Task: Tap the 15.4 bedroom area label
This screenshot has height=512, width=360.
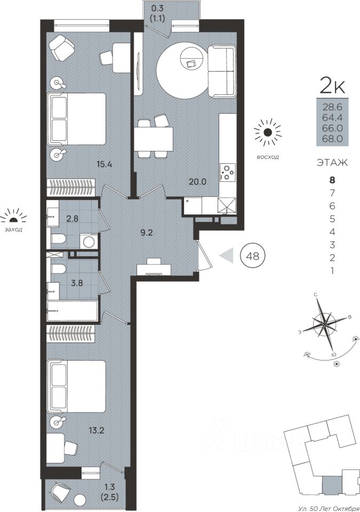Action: point(104,165)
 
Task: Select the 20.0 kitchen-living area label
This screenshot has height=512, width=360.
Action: point(197,182)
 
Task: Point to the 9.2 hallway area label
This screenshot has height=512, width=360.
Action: point(147,233)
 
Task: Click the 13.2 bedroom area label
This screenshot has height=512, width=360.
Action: point(96,431)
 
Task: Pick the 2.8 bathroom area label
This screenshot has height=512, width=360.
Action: point(72,219)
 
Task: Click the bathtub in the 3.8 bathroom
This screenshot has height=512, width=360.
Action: point(72,311)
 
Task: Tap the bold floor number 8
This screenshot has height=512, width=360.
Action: point(333,180)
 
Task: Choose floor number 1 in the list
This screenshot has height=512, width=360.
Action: point(333,271)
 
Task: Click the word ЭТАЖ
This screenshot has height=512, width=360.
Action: point(333,162)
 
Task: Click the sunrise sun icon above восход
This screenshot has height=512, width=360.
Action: point(268,132)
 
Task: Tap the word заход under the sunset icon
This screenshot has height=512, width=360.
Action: point(13,229)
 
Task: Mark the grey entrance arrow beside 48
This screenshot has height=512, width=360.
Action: point(227,255)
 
